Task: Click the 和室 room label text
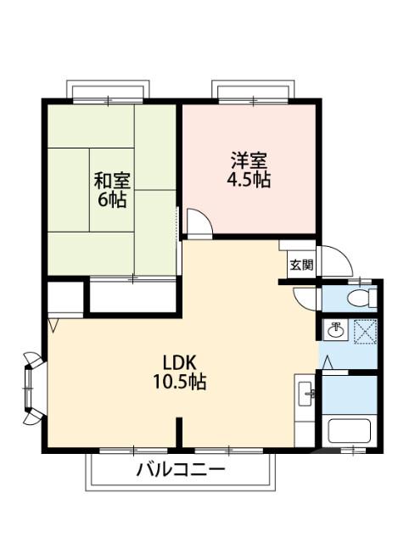coord(110,181)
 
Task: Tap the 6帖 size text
coord(111,201)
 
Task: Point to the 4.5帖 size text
coord(249,181)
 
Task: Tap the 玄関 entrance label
coord(300,265)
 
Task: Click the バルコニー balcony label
coord(181,469)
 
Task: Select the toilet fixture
coord(363,297)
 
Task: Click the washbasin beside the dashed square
coord(337,330)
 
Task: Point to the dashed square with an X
coord(363,331)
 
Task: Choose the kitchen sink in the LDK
coord(306,393)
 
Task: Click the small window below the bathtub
coord(350,451)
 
